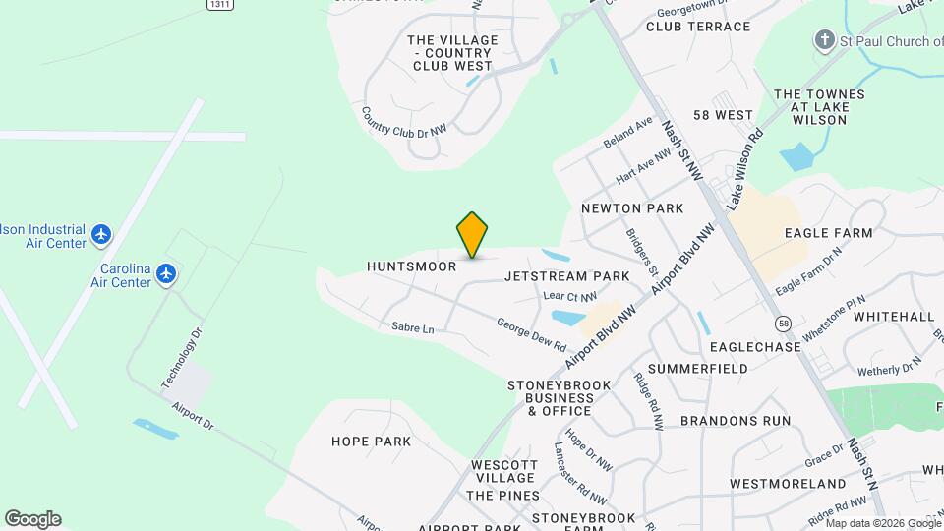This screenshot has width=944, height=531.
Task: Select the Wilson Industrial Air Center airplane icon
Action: [x=100, y=235]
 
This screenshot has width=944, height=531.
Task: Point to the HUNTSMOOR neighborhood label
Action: [x=412, y=266]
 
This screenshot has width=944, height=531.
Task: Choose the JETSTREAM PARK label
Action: [x=566, y=276]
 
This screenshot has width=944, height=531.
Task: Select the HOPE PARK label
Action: [x=371, y=442]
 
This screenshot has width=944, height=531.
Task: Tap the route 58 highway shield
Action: [x=783, y=323]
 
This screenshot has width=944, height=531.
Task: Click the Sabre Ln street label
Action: [x=412, y=328]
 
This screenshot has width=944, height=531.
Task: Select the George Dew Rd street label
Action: [x=531, y=334]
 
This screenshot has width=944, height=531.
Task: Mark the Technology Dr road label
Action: [x=183, y=356]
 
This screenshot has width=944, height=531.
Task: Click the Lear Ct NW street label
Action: [x=570, y=296]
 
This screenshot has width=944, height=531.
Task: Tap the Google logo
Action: [x=32, y=519]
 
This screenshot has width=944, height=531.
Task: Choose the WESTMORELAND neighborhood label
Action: [x=788, y=484]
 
